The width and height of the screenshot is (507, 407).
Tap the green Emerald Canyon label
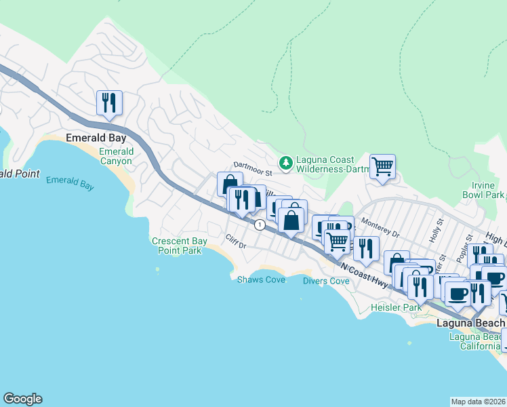tap(117, 156)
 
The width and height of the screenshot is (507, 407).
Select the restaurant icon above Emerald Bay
tap(109, 103)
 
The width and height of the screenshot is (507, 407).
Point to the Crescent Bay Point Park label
tap(176, 246)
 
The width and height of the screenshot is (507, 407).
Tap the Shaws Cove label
tap(261, 279)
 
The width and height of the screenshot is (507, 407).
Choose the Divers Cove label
tap(326, 281)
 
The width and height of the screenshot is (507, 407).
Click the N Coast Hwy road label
tap(365, 276)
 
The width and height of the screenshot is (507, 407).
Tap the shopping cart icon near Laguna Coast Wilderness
tap(383, 166)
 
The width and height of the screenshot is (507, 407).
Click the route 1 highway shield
tap(259, 225)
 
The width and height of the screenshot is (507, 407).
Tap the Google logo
tap(22, 399)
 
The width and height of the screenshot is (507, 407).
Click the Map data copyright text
tap(478, 402)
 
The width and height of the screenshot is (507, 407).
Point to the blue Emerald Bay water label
tap(70, 182)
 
